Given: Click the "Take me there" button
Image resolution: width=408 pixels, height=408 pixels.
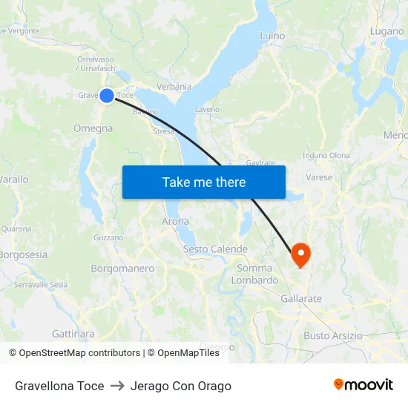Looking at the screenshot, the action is tap(203, 182).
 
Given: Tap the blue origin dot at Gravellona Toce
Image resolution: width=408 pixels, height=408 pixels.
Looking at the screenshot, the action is tap(107, 95).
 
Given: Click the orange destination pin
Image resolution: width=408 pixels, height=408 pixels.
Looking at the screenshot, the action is tap(301, 254).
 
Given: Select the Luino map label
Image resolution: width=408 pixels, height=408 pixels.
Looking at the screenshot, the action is tap(272, 35).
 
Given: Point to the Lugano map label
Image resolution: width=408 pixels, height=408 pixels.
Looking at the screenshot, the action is tap(386, 31).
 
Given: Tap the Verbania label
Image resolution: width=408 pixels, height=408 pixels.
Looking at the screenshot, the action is tap(174, 86).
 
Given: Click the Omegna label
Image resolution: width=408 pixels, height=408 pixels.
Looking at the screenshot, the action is tap(93, 128).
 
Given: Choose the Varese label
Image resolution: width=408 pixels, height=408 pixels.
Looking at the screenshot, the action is tap(319, 177).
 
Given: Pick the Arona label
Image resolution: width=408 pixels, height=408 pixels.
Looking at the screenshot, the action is tap(175, 221).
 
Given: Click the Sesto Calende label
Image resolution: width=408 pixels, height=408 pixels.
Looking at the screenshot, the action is tap(215, 249).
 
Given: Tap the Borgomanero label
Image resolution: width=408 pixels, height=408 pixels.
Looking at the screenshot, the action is tap(122, 268).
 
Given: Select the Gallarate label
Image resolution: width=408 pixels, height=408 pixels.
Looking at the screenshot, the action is tap(301, 298).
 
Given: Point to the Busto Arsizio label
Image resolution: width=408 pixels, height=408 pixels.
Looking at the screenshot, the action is tap(333, 335).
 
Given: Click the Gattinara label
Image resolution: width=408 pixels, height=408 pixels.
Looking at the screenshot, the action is tap(73, 334).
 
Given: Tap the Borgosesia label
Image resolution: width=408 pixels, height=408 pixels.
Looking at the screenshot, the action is tap(23, 254).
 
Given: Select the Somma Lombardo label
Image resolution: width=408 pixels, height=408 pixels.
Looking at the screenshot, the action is tap(254, 274).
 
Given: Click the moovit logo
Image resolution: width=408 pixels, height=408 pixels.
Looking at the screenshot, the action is tap(363, 385).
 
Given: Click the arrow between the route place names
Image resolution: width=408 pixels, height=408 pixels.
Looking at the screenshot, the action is tap(117, 386).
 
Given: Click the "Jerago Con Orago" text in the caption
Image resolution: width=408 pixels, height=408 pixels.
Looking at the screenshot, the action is tap(180, 386).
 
